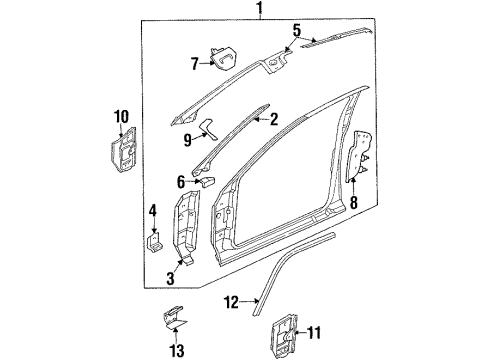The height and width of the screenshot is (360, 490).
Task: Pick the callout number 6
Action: pos(180,181)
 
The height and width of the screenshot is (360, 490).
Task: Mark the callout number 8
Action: pos(353,201)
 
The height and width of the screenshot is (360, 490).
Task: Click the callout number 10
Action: pos(122,118)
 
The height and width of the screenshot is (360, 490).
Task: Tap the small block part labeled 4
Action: pos(155,242)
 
